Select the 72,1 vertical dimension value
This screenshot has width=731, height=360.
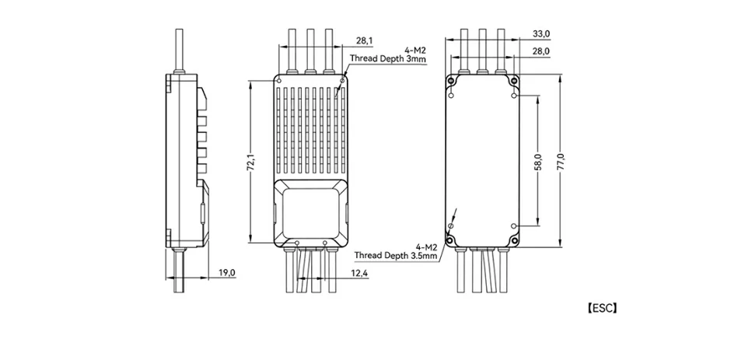pyautogui.click(x=250, y=162)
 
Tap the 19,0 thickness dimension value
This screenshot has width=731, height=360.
pyautogui.click(x=226, y=272)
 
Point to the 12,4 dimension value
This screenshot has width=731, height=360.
pyautogui.click(x=359, y=273)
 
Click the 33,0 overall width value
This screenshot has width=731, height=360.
pyautogui.click(x=541, y=34)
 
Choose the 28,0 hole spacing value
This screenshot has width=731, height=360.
pyautogui.click(x=541, y=51)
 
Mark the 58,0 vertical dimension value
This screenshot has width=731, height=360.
pyautogui.click(x=538, y=162)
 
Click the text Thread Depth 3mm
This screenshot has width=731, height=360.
pyautogui.click(x=387, y=58)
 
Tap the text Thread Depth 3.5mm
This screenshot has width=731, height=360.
pyautogui.click(x=395, y=254)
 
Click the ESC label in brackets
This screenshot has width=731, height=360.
pyautogui.click(x=602, y=308)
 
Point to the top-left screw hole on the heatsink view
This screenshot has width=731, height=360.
pyautogui.click(x=278, y=79)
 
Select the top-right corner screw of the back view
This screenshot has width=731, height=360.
pyautogui.click(x=512, y=81)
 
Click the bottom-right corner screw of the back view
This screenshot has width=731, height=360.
pyautogui.click(x=512, y=239)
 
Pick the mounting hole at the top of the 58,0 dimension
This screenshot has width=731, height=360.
pyautogui.click(x=514, y=96)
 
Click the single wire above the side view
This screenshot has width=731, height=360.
pyautogui.click(x=180, y=51)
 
